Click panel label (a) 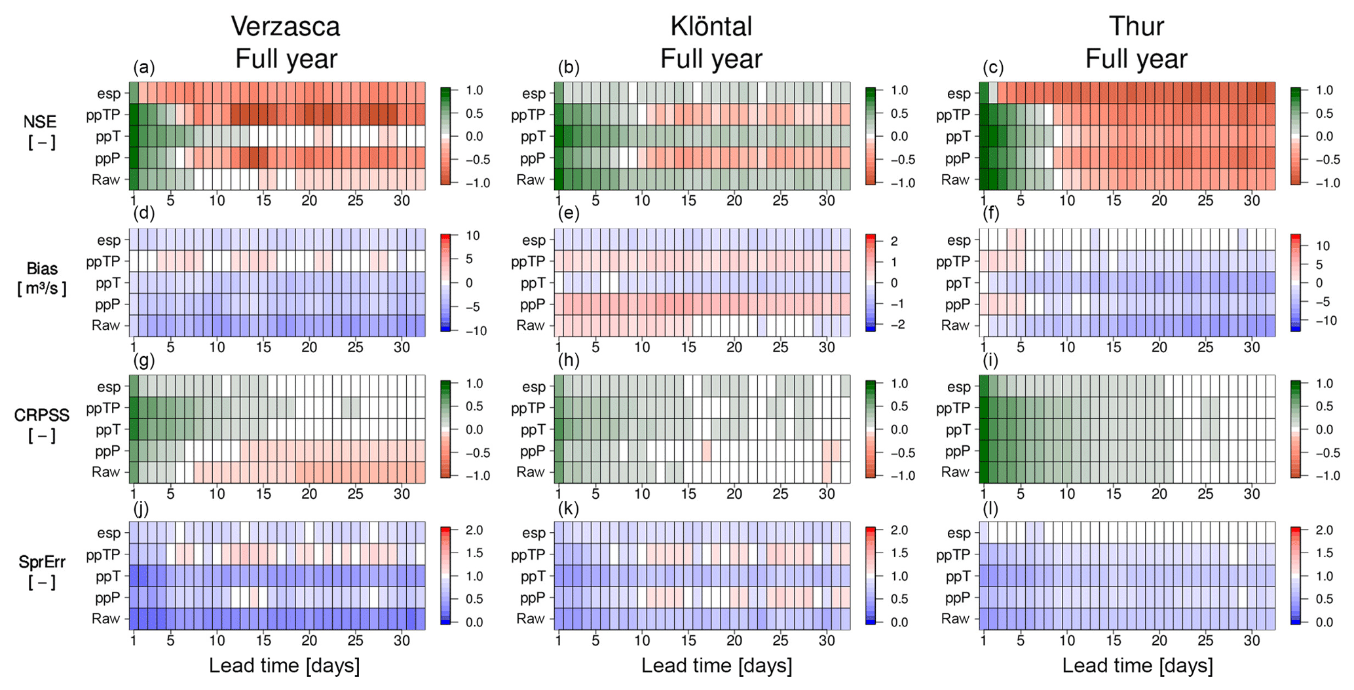coord(143,68)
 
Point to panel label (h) coord(569,361)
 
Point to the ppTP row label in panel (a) coord(103,115)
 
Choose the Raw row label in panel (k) coord(531,619)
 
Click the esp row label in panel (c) coord(959,94)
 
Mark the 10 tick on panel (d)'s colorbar coord(472,236)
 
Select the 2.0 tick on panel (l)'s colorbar coord(1324,530)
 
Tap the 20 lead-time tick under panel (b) coord(734,200)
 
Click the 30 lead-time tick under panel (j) coord(402,640)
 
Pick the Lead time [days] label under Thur coord(1137,666)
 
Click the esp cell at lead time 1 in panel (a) coord(134,93)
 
